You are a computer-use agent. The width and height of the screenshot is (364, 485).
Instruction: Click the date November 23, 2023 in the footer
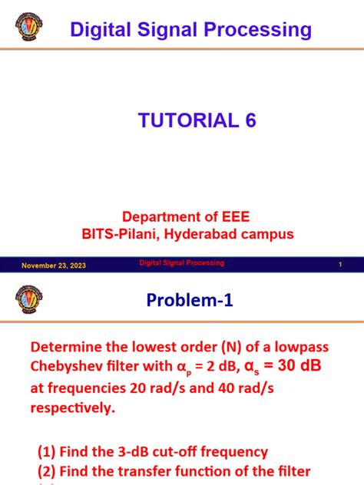coord(54,266)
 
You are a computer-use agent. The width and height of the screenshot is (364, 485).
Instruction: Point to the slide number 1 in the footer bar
coord(339,265)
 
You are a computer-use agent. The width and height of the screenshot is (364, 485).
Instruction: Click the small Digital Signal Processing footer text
coord(181,263)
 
